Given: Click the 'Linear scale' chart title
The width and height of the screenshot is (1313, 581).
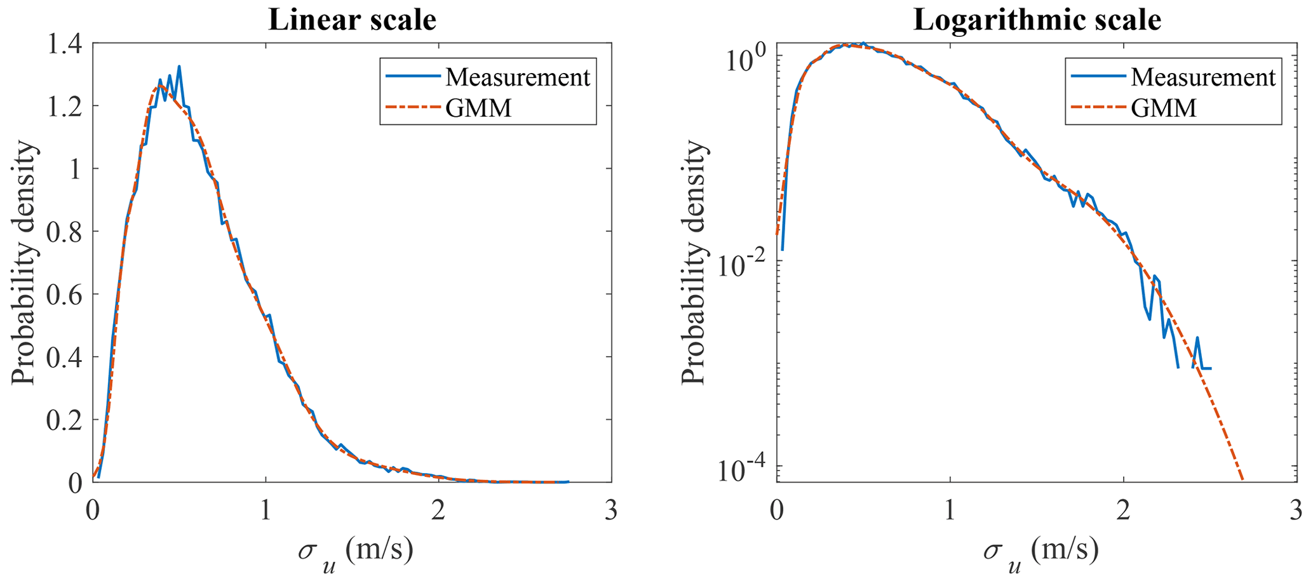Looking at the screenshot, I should tap(352, 20).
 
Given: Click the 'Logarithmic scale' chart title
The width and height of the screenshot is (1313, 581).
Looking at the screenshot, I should tap(1037, 20).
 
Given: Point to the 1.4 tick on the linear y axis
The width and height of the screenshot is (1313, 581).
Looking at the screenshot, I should tap(66, 44).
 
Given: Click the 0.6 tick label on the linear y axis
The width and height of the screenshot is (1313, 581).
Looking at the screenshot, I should tap(66, 295).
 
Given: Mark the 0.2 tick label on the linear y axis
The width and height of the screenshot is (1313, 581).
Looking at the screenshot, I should tap(66, 420).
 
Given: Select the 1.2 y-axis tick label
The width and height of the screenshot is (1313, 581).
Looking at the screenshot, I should tap(66, 106).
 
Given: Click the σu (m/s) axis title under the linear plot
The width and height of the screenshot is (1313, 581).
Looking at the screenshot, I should tap(354, 551).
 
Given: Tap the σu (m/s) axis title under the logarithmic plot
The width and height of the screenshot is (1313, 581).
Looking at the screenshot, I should tap(1040, 551).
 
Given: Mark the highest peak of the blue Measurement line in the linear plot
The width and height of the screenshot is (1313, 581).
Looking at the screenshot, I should tap(179, 66).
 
